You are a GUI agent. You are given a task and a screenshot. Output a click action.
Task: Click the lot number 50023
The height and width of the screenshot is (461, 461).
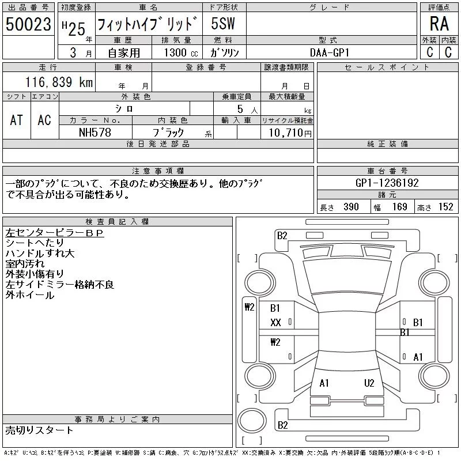28,24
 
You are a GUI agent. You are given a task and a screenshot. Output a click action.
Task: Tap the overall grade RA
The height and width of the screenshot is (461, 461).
439,24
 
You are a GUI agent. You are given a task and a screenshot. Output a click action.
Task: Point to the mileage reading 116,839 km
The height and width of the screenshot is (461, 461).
59,82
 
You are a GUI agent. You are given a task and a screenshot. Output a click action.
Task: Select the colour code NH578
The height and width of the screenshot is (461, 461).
95,133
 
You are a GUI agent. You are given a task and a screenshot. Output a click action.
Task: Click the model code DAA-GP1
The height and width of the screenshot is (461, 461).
330,52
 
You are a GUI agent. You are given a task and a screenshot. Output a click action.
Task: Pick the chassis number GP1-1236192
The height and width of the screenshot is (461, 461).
387,183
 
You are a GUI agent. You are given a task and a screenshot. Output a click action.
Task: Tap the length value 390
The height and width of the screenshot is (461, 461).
351,207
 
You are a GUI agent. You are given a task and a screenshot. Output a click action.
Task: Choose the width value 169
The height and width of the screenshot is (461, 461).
399,207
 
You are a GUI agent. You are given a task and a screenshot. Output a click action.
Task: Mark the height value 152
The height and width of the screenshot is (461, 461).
445,207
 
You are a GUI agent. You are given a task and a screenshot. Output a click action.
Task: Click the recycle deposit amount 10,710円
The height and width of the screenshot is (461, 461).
290,133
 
